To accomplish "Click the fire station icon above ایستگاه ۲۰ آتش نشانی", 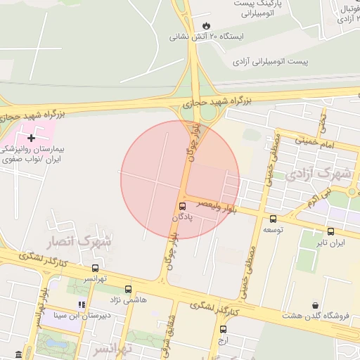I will click(x=205, y=25).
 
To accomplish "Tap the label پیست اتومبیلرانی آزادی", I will click(x=271, y=62).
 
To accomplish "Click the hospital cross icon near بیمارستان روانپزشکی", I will click(x=30, y=138).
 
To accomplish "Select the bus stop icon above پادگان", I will click(x=183, y=206).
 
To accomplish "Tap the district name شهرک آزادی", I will click(x=314, y=172).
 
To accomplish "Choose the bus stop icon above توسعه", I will click(x=272, y=218).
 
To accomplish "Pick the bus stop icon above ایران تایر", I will click(x=330, y=231).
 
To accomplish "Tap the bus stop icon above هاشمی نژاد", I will click(x=128, y=289).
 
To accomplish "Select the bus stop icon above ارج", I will click(x=223, y=329).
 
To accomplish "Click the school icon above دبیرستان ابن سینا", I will click(x=82, y=304).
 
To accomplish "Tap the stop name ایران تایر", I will click(x=330, y=243).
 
